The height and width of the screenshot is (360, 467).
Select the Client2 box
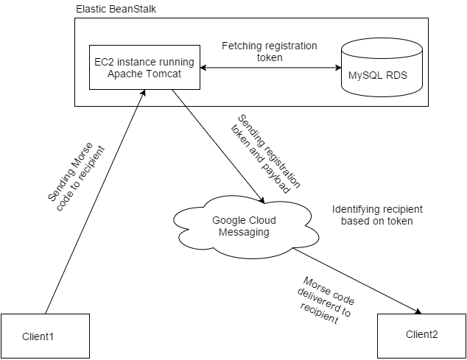(x=421, y=335)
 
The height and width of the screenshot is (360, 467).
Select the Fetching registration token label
(x=269, y=52)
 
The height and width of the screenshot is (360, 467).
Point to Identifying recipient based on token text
(x=376, y=214)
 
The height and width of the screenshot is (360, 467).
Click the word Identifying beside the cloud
(x=357, y=208)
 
